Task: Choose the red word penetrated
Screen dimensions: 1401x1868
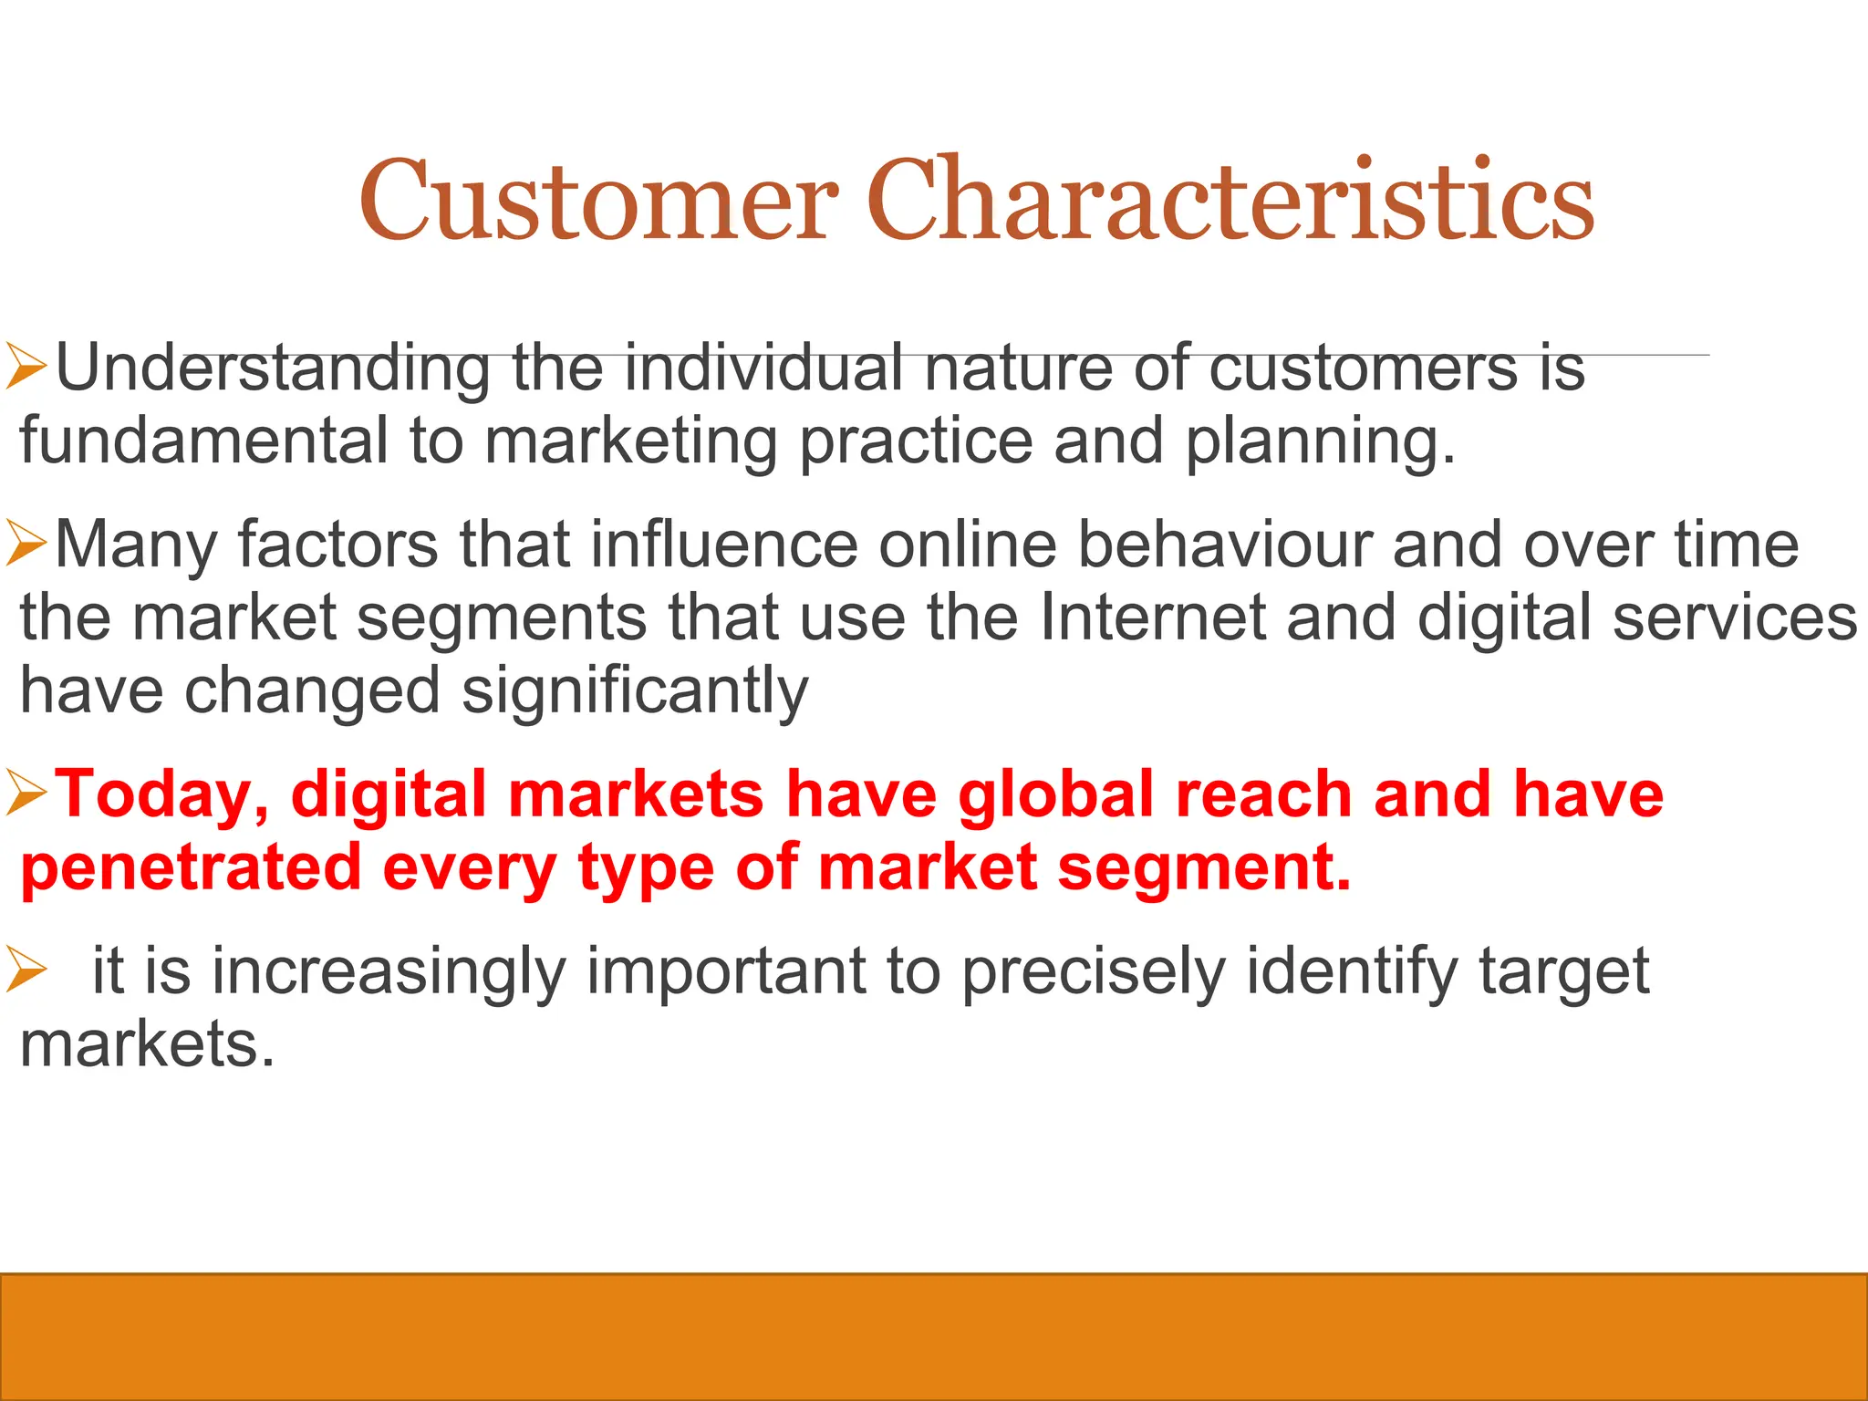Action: (191, 869)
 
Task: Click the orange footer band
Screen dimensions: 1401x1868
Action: (934, 1337)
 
